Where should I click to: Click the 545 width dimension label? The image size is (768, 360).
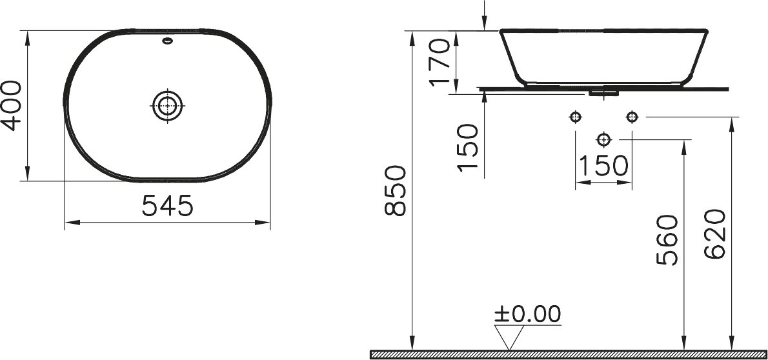pyautogui.click(x=168, y=206)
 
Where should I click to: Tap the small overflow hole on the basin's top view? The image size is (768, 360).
pyautogui.click(x=168, y=41)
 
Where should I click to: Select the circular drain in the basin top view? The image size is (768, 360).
pyautogui.click(x=168, y=105)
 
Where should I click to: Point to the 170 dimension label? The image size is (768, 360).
pyautogui.click(x=440, y=62)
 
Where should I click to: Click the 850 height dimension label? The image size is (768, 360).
pyautogui.click(x=395, y=190)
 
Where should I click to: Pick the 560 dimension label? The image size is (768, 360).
pyautogui.click(x=667, y=240)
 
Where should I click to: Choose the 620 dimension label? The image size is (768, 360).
pyautogui.click(x=714, y=234)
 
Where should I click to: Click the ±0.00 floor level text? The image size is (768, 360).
pyautogui.click(x=527, y=314)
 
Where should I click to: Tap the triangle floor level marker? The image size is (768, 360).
pyautogui.click(x=509, y=337)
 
